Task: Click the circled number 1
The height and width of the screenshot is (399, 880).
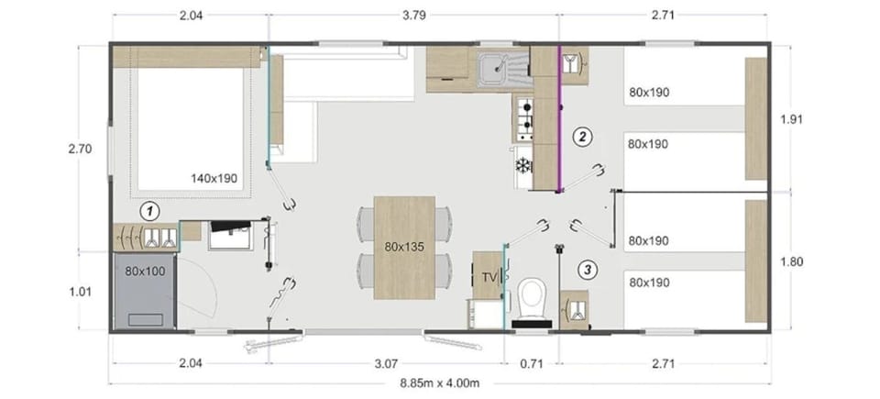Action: click(148, 211)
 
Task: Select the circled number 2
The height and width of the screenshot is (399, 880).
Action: click(580, 137)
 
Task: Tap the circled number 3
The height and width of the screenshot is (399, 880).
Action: click(588, 270)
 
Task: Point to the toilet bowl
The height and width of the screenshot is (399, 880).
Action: click(531, 297)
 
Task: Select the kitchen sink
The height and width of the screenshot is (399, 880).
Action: click(494, 66)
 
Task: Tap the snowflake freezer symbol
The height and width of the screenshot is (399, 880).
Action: click(523, 166)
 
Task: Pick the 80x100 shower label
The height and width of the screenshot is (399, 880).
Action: click(143, 272)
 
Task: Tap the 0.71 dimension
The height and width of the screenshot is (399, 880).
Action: click(532, 364)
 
